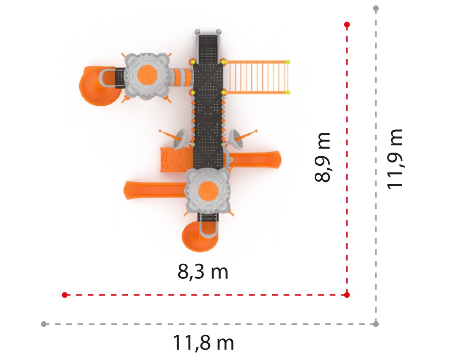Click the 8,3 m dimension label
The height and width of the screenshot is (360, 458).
point(203,272)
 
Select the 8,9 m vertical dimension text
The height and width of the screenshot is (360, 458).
point(321,157)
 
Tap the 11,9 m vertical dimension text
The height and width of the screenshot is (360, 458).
point(395,159)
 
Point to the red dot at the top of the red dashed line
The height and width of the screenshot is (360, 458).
point(347,25)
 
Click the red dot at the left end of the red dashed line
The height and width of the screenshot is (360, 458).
point(65,295)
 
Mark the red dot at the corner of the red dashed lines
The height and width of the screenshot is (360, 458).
point(347,295)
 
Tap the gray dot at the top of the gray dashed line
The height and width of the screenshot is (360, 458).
point(376,8)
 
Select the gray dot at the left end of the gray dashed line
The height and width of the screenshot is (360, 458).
point(44,324)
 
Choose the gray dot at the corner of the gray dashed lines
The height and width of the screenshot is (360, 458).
point(376,324)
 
